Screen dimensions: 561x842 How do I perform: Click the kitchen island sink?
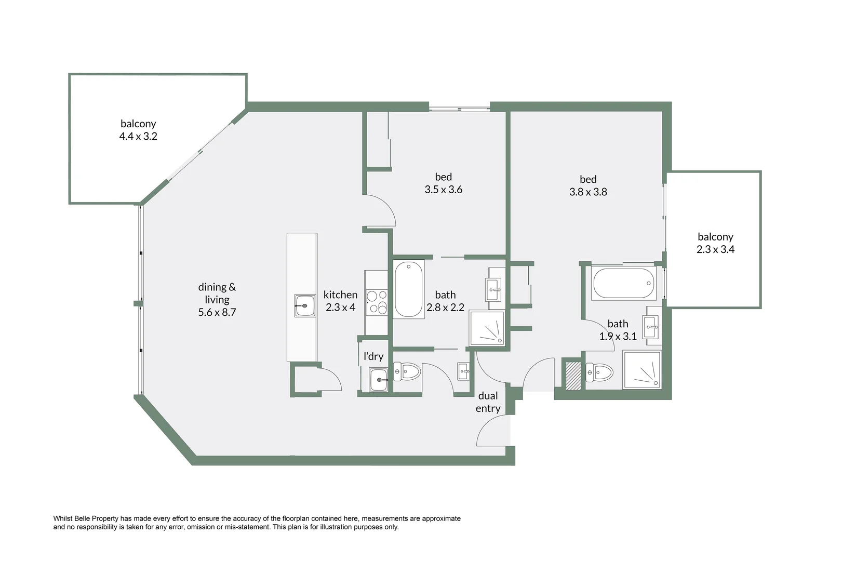click(305, 305)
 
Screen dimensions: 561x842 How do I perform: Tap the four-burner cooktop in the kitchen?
click(377, 302)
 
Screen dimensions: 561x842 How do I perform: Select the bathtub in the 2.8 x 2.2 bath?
click(409, 289)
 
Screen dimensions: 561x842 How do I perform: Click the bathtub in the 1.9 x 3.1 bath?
click(622, 283)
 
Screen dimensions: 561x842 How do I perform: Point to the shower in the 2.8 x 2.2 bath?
click(487, 328)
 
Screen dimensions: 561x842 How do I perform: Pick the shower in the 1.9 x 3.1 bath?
click(642, 370)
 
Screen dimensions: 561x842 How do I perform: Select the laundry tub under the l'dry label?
click(378, 380)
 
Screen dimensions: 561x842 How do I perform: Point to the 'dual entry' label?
click(488, 402)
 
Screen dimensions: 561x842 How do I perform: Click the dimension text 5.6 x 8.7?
click(217, 312)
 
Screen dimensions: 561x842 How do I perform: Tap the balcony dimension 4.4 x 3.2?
click(138, 137)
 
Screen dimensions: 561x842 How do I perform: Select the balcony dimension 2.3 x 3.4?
click(715, 249)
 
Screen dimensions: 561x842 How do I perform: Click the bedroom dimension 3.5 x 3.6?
click(443, 190)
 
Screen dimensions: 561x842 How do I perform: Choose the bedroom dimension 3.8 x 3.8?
click(588, 192)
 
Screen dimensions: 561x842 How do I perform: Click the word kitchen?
click(340, 295)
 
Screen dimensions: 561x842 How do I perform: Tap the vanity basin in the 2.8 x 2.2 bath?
click(493, 286)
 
